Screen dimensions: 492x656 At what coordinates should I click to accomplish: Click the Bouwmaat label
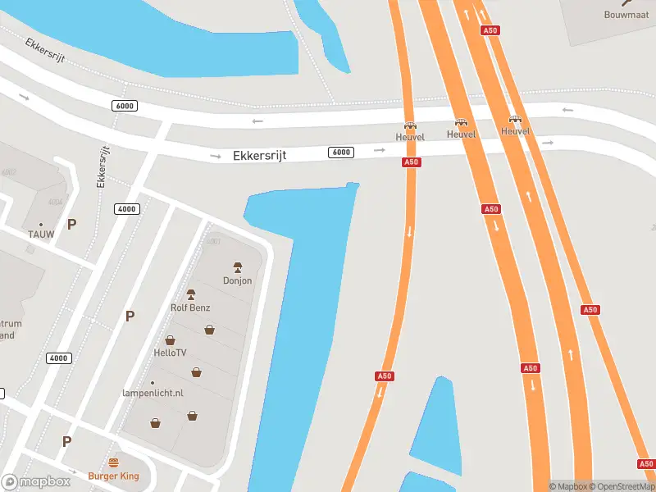[626, 15]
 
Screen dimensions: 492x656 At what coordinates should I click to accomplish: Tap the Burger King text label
[113, 476]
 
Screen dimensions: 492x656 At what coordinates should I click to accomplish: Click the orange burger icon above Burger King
[113, 462]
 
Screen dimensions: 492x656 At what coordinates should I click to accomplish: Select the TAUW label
[40, 235]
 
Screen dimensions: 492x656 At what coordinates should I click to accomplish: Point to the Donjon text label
[238, 280]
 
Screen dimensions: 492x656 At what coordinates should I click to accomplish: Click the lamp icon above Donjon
[238, 267]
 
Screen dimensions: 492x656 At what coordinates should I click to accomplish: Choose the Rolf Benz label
[190, 307]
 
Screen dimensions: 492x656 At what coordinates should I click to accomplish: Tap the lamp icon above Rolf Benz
[190, 294]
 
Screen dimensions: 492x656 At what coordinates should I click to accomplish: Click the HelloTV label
[171, 353]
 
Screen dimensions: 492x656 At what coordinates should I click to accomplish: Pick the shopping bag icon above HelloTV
[171, 339]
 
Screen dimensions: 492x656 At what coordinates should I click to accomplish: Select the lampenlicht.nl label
[153, 394]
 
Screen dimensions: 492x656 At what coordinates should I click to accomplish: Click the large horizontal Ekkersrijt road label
[259, 155]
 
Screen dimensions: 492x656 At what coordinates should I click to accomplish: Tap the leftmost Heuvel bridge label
[410, 137]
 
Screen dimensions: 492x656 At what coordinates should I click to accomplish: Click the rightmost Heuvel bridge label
[515, 131]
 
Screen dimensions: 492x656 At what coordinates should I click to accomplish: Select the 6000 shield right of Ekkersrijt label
[341, 153]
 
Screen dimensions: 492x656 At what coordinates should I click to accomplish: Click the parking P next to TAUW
[71, 224]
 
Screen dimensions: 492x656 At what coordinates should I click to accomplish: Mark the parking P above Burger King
[66, 441]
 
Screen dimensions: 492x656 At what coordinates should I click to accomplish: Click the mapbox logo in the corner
[36, 482]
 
